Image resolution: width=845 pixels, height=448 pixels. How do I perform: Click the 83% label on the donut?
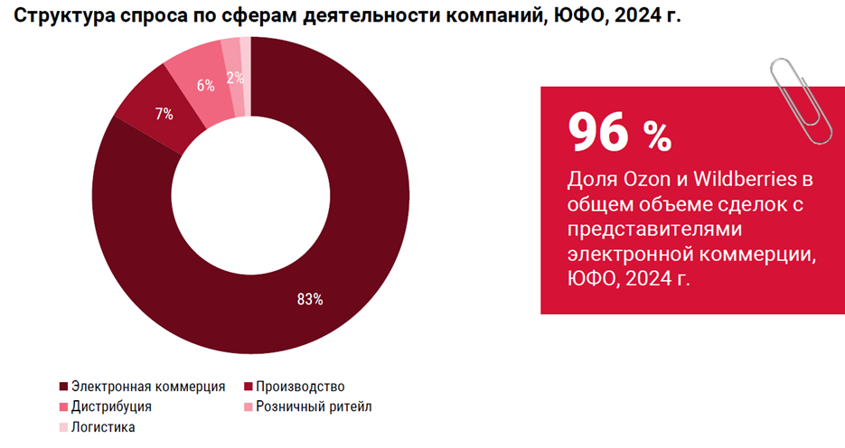(310, 300)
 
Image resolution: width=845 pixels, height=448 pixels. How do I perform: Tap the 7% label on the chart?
(164, 114)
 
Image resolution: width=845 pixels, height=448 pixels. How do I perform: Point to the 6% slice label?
(206, 86)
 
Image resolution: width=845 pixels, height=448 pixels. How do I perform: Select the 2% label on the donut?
(235, 78)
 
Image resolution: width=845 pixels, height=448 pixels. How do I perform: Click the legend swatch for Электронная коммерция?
(63, 387)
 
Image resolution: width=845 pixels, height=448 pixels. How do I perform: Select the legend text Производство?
(300, 387)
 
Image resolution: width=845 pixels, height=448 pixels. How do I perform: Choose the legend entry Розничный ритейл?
(313, 406)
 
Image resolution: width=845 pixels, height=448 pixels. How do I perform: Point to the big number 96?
(597, 133)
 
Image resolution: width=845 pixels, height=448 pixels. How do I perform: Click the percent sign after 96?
(657, 136)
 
